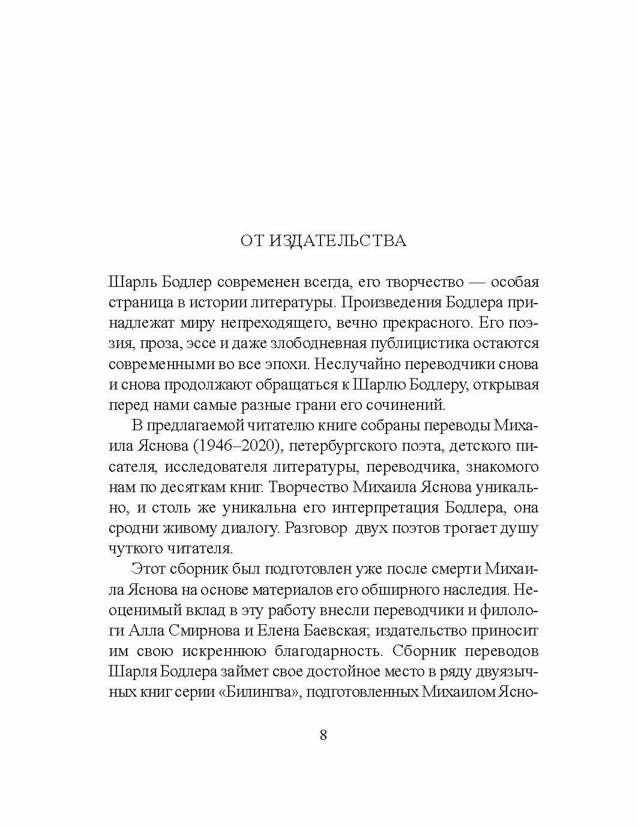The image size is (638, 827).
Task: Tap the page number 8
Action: (324, 735)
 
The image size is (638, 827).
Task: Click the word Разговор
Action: (316, 528)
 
